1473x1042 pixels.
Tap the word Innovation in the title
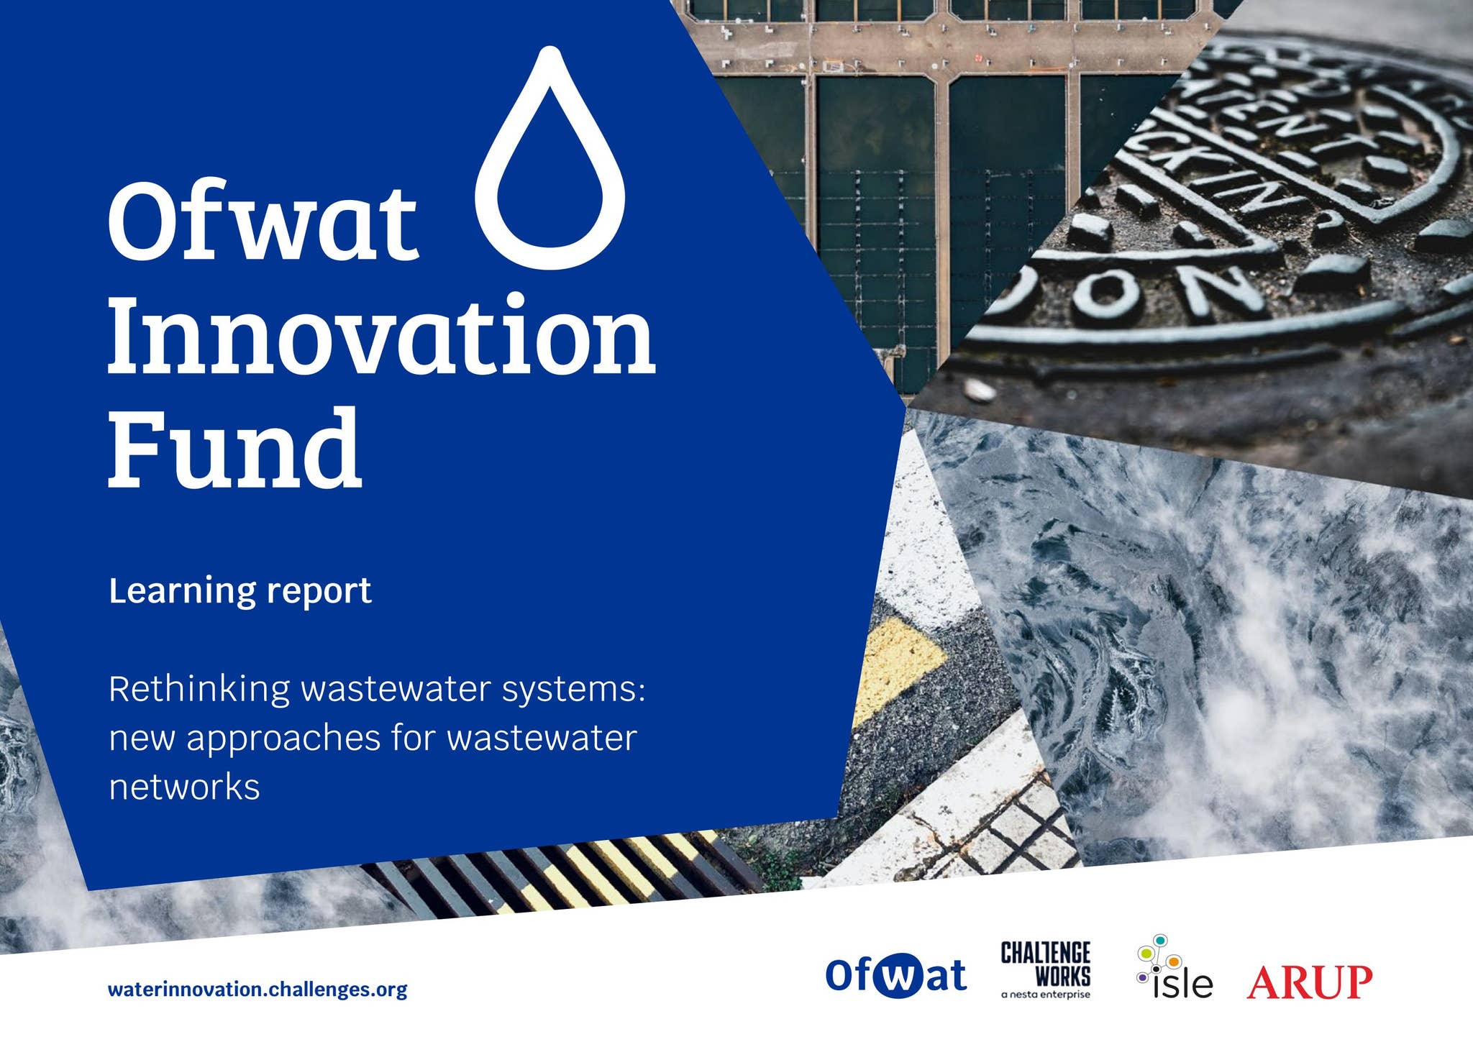coord(382,334)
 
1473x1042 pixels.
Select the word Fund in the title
coord(235,447)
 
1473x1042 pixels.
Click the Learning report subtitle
coord(240,591)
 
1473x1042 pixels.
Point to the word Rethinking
coord(200,689)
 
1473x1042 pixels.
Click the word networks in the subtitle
coord(184,787)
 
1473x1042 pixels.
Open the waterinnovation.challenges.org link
coord(257,990)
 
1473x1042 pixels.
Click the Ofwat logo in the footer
coord(896,975)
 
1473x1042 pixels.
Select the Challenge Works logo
coord(1046,970)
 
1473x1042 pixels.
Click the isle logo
coord(1175,967)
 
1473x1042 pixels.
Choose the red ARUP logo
coord(1310,982)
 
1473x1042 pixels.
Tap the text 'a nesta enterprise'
coord(1046,995)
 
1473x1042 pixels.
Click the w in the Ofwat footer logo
coord(898,976)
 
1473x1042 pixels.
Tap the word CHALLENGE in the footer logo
coord(1046,953)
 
